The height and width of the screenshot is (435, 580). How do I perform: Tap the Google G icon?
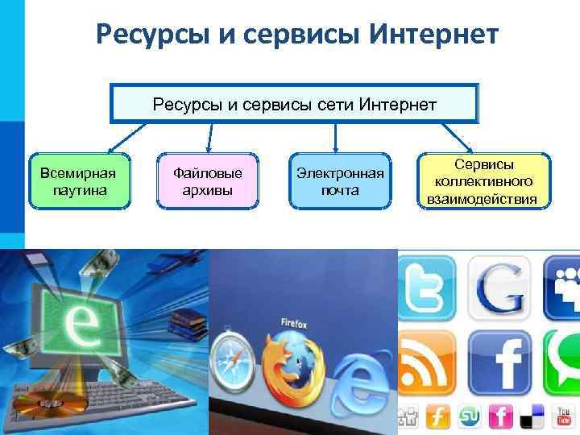click(x=499, y=286)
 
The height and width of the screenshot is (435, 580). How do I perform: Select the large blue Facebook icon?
click(x=499, y=358)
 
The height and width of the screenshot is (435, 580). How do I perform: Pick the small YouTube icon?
click(x=561, y=416)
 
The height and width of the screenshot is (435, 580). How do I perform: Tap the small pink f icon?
click(x=500, y=416)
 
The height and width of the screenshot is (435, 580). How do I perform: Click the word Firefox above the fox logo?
click(x=294, y=322)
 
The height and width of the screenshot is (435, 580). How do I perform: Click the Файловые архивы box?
click(x=208, y=181)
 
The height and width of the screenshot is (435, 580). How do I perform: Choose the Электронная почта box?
click(x=340, y=181)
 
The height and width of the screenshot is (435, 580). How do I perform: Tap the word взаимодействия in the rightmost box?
click(x=483, y=199)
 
